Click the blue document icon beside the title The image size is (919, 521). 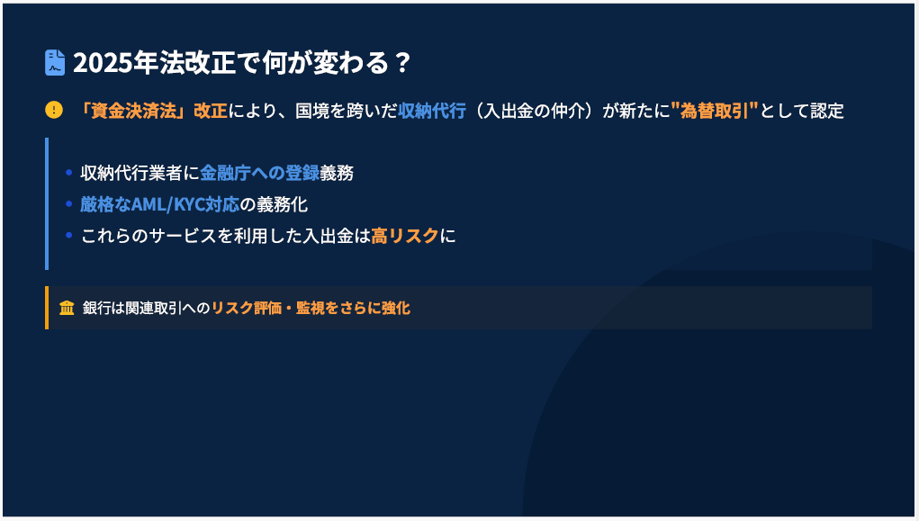click(55, 63)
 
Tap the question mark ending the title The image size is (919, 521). click(402, 63)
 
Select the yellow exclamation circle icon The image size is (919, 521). click(54, 110)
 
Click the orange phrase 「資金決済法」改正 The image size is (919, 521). click(152, 110)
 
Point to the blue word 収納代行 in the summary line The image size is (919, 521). click(432, 110)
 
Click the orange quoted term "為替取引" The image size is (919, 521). click(715, 110)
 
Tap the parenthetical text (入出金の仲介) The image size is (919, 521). click(534, 110)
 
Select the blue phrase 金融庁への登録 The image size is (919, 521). click(259, 173)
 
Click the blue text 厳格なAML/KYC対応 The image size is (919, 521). click(160, 204)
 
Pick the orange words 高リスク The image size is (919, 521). click(405, 236)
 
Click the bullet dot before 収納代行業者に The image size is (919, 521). click(68, 172)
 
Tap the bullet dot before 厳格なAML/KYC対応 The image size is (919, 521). click(68, 204)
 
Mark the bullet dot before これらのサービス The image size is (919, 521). click(68, 236)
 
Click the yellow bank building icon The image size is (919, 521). click(67, 308)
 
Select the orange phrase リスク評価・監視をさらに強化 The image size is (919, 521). click(311, 308)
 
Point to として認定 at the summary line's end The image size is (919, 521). click(802, 110)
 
